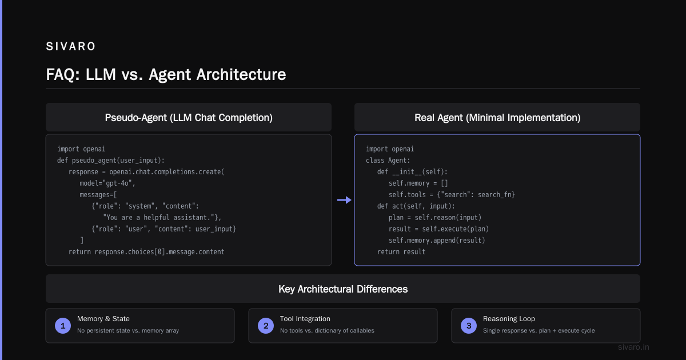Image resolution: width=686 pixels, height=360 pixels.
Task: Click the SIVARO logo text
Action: click(71, 46)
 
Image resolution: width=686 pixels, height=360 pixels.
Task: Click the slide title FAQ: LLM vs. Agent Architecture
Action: click(166, 74)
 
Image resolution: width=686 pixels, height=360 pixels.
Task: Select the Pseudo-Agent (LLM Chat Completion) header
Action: click(189, 118)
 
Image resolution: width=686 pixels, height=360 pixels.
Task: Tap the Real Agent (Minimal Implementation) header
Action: click(497, 118)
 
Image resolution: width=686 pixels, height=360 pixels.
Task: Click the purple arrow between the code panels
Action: click(344, 200)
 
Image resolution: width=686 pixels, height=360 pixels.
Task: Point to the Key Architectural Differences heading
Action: click(343, 289)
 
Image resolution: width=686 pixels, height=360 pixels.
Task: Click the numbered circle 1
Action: click(63, 326)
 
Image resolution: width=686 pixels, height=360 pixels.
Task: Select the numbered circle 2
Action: click(266, 326)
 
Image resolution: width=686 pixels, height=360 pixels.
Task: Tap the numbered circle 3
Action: click(469, 326)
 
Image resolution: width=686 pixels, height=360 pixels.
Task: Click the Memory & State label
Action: click(103, 319)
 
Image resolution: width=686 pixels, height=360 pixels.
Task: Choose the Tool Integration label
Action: click(305, 319)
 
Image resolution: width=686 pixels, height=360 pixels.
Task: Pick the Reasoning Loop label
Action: click(509, 319)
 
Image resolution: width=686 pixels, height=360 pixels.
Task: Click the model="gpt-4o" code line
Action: click(107, 183)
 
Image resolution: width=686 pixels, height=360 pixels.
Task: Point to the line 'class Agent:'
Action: click(388, 161)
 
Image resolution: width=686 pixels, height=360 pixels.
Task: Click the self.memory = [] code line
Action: click(418, 183)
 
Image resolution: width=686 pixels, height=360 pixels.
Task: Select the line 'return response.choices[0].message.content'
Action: click(146, 252)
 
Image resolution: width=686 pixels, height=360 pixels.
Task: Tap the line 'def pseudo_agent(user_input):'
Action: click(111, 161)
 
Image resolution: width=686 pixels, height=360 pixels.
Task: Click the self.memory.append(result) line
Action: click(437, 241)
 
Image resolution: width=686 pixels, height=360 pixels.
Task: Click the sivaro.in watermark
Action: click(633, 347)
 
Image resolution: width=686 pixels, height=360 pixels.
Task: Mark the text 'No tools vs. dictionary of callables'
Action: click(327, 331)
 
